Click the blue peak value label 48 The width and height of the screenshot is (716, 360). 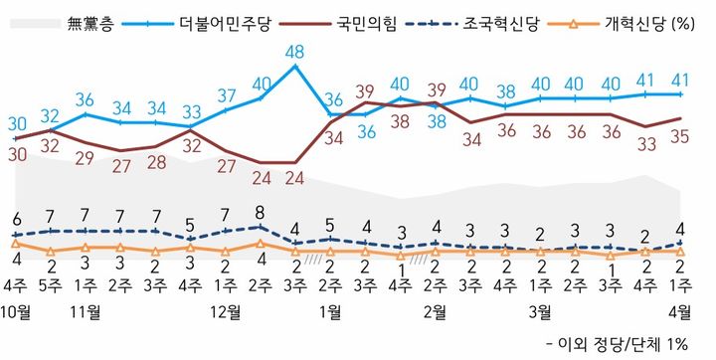pos(294,50)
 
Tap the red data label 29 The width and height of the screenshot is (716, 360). pos(86,157)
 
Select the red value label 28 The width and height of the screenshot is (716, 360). pos(155,164)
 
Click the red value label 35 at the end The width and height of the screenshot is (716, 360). pos(679,137)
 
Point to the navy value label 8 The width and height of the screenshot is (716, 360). pos(261,211)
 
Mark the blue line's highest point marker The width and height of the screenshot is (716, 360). pos(295,67)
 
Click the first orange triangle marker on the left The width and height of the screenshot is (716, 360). pos(16,242)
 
